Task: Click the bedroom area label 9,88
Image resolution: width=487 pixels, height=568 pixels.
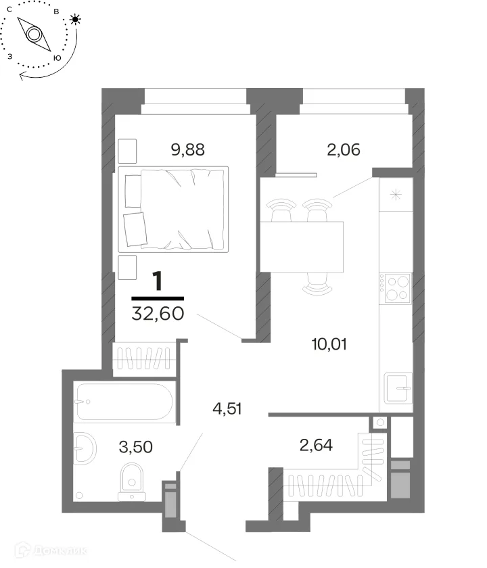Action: tap(188, 149)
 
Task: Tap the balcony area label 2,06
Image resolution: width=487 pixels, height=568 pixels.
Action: tap(344, 149)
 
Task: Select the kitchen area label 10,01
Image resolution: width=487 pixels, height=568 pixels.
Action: tap(329, 344)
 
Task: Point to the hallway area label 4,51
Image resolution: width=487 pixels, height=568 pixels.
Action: tap(227, 408)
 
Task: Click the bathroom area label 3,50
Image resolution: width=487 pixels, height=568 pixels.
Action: tap(136, 447)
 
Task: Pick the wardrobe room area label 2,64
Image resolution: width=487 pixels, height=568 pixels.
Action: tap(316, 445)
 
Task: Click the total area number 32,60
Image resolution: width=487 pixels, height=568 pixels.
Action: tap(158, 313)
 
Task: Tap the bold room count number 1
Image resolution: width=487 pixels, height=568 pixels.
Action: tap(158, 281)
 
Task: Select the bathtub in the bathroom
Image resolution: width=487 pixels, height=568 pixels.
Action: tap(125, 402)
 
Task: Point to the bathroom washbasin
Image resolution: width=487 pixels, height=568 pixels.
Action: tap(85, 448)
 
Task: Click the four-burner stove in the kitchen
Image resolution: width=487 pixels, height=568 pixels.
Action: tap(395, 288)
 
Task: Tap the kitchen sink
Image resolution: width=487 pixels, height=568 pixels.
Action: tap(398, 388)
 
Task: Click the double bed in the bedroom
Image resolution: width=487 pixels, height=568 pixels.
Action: tap(173, 210)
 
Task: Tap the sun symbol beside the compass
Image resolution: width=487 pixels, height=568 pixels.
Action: tap(75, 19)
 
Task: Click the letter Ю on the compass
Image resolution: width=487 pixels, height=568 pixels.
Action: tap(57, 58)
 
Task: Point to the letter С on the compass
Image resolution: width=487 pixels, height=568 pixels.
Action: tap(9, 9)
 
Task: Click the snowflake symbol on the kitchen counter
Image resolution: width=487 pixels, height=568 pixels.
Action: tap(396, 195)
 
